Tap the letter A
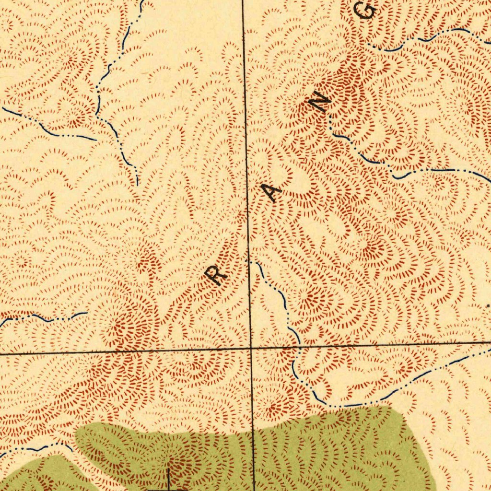273,193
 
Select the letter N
320,103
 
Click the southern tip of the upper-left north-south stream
137,185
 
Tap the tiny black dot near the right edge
488,305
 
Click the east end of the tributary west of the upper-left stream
96,140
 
